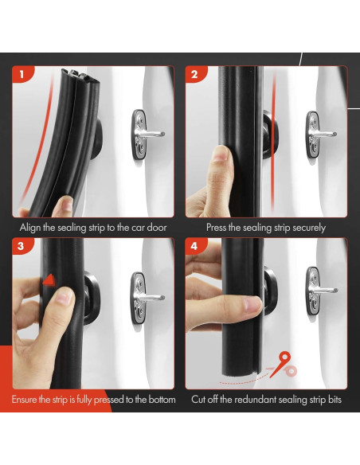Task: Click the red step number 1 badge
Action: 22,75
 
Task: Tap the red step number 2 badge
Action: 194,75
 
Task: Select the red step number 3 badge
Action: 22,246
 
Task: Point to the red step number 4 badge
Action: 194,246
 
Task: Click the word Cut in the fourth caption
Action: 200,399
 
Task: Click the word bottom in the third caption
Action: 159,399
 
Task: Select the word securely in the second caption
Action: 306,227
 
